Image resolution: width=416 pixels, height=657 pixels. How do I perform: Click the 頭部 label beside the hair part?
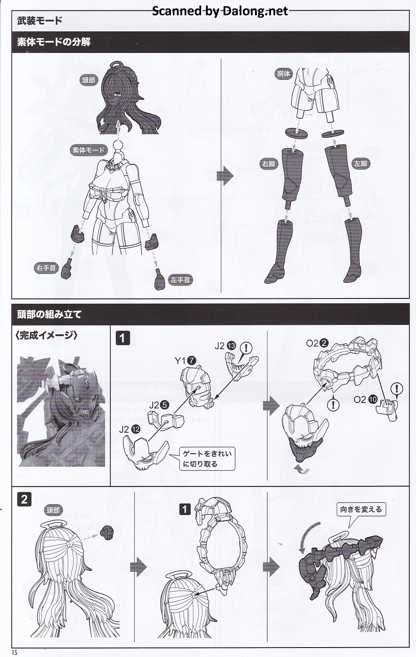[x=88, y=80]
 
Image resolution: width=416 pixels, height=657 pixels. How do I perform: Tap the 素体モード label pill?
[x=88, y=150]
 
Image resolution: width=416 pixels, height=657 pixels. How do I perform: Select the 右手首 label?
[x=46, y=268]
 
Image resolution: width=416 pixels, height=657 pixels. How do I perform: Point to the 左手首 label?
[x=180, y=280]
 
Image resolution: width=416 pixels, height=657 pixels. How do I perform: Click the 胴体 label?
[x=284, y=74]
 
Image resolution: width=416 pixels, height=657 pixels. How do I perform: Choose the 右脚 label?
[x=269, y=164]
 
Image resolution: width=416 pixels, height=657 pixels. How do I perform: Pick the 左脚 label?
[x=360, y=164]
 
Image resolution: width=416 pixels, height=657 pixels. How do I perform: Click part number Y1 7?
[x=185, y=361]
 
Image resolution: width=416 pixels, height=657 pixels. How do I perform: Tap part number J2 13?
[x=225, y=346]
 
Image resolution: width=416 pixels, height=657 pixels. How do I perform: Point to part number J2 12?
[x=130, y=429]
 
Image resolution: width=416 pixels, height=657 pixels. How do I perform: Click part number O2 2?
[x=317, y=343]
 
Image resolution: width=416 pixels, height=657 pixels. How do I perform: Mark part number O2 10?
[x=366, y=399]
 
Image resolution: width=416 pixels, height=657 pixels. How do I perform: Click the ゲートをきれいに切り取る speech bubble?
[x=207, y=459]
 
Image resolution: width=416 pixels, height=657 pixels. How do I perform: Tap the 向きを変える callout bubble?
[x=361, y=509]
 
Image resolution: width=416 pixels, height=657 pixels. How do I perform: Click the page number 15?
[x=15, y=653]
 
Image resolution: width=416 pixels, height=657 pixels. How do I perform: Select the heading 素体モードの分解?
[x=54, y=42]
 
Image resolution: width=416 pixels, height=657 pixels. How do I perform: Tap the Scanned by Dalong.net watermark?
[x=220, y=11]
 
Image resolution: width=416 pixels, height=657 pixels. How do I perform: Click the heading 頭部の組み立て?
[x=49, y=315]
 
